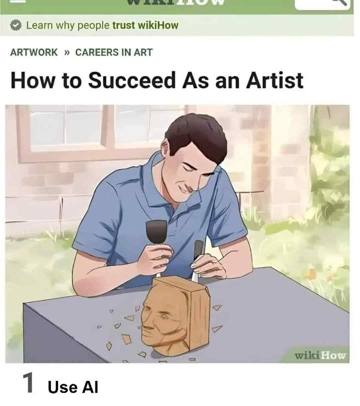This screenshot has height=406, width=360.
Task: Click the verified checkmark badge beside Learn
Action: point(16,25)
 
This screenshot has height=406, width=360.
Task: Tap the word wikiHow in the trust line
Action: point(154,25)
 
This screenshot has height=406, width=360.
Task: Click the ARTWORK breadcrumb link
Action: point(34,52)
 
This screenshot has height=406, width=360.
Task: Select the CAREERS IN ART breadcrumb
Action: point(114,52)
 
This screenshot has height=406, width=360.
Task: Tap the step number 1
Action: point(28,384)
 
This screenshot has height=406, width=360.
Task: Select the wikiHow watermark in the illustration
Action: point(320,355)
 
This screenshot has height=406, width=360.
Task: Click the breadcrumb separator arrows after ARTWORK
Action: point(67,52)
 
